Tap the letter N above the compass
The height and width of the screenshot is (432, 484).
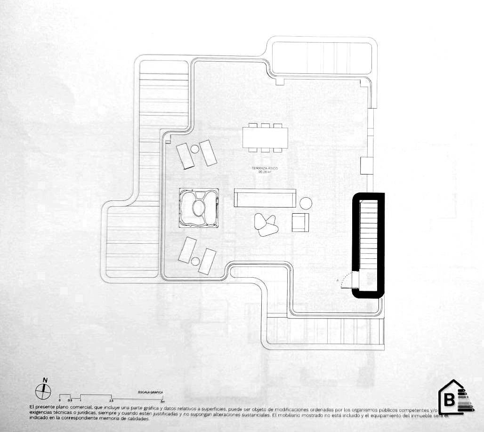click(x=45, y=380)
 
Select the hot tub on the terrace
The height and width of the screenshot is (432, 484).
click(x=198, y=207)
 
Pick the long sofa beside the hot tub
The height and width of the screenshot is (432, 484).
click(x=265, y=198)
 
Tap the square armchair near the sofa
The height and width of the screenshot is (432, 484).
click(x=299, y=222)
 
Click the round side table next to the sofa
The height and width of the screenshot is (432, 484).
click(x=306, y=203)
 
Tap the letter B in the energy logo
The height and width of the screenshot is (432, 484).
click(x=449, y=401)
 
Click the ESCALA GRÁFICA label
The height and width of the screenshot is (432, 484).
click(x=150, y=392)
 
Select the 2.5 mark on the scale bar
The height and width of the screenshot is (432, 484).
click(x=112, y=400)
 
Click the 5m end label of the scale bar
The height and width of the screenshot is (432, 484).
click(x=162, y=401)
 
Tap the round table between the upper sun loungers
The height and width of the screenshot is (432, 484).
click(x=195, y=150)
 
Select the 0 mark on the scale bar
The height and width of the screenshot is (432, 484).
click(x=60, y=400)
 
